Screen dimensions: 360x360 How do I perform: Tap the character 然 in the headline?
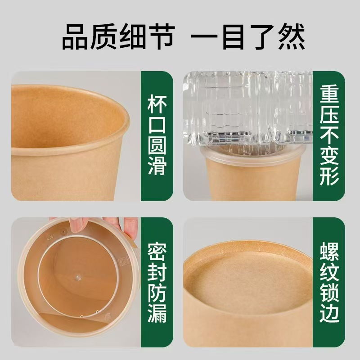coord(291,37)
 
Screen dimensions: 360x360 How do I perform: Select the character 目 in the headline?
coord(233,37)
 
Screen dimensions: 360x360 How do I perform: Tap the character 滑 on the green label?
coord(157,166)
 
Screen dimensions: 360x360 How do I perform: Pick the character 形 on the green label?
coord(329,176)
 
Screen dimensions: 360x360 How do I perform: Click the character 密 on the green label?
coord(157,252)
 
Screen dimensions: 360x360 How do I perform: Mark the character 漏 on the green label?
coord(157,314)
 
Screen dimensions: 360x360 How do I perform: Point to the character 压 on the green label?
coord(329,115)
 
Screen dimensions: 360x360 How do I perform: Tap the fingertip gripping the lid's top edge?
coord(76,226)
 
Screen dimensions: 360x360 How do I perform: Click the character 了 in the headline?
coord(262,37)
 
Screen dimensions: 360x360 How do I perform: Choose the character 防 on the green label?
coord(157,293)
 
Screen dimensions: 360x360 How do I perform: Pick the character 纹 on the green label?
coord(329,272)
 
